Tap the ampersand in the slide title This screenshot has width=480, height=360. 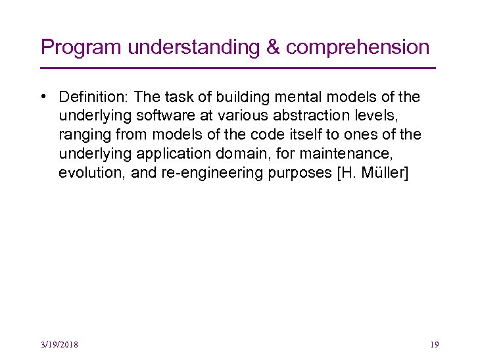274,47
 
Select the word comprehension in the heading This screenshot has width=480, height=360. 358,47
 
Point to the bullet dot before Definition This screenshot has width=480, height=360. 43,97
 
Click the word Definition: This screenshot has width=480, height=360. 94,97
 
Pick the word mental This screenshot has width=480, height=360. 288,97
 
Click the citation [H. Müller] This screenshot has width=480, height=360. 372,174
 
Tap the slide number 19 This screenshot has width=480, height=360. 434,344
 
